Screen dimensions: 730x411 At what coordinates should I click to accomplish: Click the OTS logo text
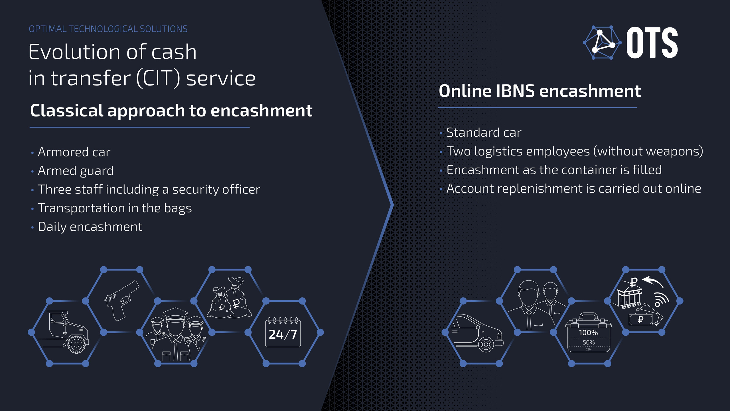[x=652, y=43]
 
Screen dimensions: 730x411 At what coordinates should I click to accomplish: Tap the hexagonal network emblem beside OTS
[x=602, y=43]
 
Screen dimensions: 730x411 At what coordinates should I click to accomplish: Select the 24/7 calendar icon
[x=283, y=332]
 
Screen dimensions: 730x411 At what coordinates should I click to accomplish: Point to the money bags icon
[x=230, y=297]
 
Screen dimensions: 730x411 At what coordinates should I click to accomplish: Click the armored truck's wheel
[x=76, y=344]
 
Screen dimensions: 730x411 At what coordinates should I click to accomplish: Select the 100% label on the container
[x=588, y=333]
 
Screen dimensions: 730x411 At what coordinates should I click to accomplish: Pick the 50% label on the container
[x=589, y=342]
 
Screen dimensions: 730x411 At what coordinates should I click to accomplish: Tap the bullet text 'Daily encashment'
[x=90, y=227]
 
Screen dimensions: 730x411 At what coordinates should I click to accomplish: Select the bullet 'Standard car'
[x=484, y=132]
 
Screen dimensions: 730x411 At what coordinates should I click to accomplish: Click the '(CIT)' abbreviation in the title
[x=158, y=78]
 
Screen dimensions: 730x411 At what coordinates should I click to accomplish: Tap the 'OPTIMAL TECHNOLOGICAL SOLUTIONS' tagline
[x=108, y=29]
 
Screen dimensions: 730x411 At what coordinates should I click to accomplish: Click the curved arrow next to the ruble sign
[x=653, y=281]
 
